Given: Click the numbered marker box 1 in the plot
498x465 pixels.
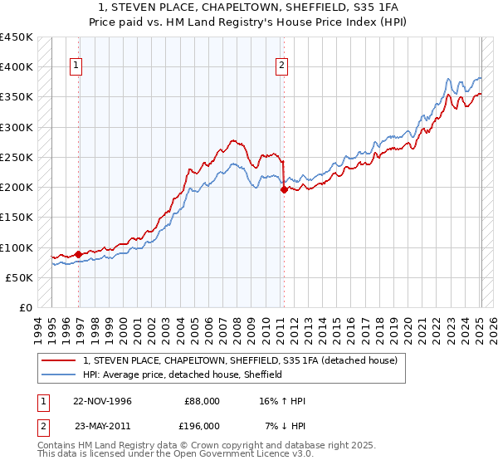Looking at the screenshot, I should (x=76, y=66).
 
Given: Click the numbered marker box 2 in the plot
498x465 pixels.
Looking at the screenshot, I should (x=281, y=66).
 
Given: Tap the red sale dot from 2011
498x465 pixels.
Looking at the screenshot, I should (x=284, y=189).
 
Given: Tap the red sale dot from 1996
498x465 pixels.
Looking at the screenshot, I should (x=79, y=254).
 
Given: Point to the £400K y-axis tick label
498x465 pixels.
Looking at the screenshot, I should (x=16, y=67).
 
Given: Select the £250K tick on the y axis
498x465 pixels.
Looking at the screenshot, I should (x=16, y=157).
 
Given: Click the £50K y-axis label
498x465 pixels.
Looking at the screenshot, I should (x=19, y=277).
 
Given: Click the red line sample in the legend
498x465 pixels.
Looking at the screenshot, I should (x=60, y=360).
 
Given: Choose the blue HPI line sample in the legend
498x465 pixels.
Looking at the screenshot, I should (x=60, y=374).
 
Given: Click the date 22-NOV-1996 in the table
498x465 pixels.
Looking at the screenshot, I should (x=103, y=401).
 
